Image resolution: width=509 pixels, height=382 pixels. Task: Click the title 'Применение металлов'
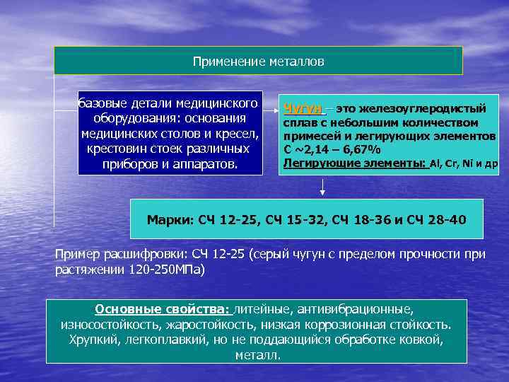[258, 62]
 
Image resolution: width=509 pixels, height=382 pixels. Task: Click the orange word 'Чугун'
[303, 109]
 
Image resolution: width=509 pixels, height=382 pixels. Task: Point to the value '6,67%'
[361, 149]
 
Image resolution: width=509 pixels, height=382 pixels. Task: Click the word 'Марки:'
[169, 219]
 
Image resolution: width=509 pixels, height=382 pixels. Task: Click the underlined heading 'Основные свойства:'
[163, 309]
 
